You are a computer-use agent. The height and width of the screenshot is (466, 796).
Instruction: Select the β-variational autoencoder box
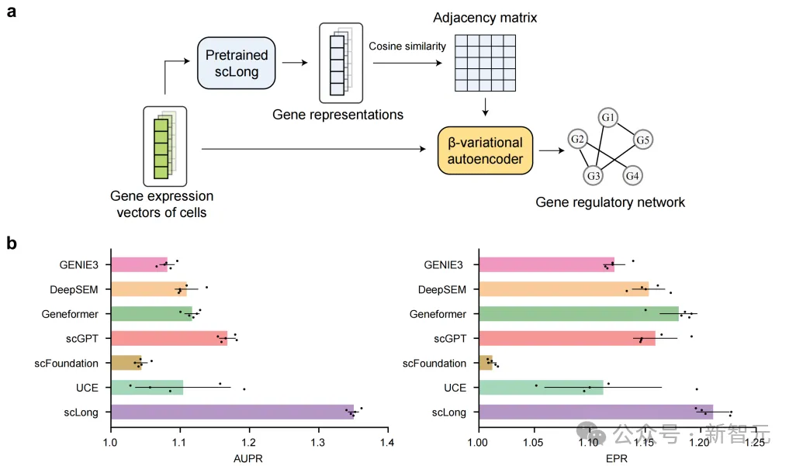click(x=486, y=151)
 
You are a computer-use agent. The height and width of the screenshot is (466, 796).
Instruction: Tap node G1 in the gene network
click(x=608, y=119)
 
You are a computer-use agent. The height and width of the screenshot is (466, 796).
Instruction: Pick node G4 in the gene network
click(x=633, y=176)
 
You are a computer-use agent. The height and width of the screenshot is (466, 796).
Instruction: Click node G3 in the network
click(x=594, y=176)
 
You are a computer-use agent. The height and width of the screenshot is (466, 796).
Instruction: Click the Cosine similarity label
click(x=407, y=47)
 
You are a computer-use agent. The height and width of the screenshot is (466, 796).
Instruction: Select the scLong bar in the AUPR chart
click(x=232, y=412)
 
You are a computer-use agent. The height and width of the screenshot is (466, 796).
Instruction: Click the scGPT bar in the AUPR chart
click(x=169, y=337)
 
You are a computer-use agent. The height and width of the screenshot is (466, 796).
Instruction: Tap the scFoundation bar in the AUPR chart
click(x=126, y=362)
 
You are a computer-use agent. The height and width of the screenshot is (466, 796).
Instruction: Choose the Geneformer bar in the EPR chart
click(x=578, y=314)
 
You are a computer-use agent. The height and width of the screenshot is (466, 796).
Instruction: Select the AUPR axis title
click(x=248, y=457)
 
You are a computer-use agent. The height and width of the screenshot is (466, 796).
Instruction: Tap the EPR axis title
click(x=617, y=457)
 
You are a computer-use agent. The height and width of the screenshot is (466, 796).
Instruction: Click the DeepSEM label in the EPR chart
click(x=442, y=289)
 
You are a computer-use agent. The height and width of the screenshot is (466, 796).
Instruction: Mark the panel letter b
click(x=12, y=242)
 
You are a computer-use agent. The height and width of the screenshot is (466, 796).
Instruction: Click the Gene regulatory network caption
click(x=610, y=202)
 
